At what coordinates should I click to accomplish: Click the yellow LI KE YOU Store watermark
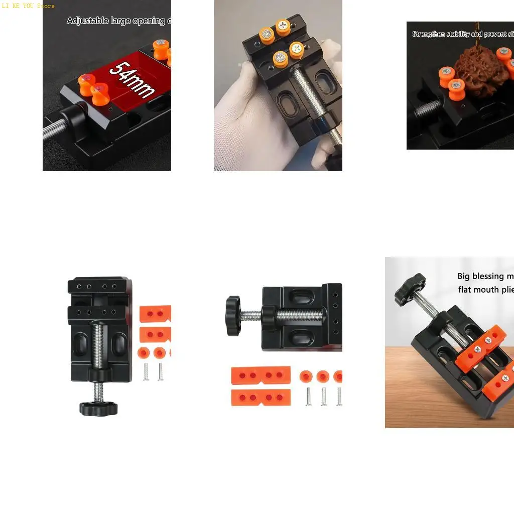pos(28,6)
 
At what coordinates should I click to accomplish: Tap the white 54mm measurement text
pos(132,79)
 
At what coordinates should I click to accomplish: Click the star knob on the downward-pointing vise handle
pos(98,408)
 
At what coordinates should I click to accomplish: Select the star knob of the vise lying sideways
pos(233,316)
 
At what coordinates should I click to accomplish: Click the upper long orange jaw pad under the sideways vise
pos(261,375)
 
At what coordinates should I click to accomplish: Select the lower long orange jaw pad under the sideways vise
pos(261,398)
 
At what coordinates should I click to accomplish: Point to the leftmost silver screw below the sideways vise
pos(309,396)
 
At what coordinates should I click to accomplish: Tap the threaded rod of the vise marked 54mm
pos(52,130)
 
